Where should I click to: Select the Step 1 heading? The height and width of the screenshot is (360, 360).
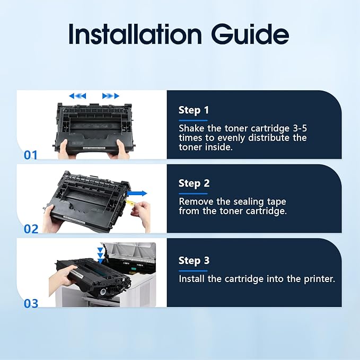point(194,110)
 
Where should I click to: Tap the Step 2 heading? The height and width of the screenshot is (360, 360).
point(194,183)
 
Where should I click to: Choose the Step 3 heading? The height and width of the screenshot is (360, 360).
point(194,260)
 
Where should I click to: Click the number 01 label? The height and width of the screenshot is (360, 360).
point(31,155)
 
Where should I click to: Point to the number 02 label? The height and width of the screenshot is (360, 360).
point(31,229)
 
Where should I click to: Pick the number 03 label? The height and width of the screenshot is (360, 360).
point(31,303)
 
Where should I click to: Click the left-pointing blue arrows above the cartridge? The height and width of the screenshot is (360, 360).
point(77,96)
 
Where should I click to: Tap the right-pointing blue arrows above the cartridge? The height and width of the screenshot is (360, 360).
point(111,96)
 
